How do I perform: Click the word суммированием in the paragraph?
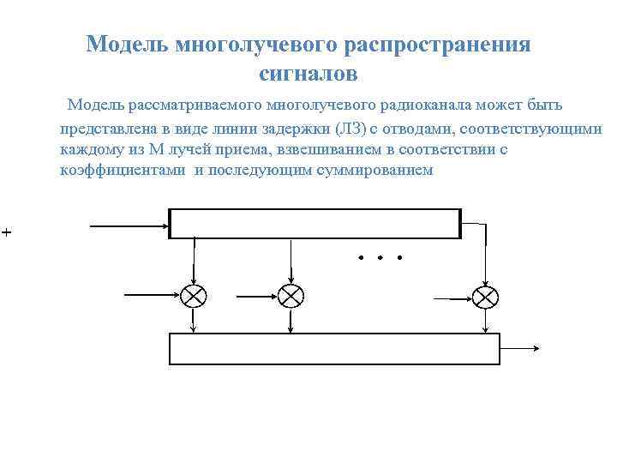point(375,171)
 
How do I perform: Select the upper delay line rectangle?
point(314,223)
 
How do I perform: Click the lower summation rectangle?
point(334,349)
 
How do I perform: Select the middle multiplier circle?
point(291,296)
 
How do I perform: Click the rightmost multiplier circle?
point(485,297)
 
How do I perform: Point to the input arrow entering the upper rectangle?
point(129,226)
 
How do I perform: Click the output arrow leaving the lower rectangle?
point(519,349)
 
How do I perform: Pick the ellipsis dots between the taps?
point(379,257)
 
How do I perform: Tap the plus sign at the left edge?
point(5,232)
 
